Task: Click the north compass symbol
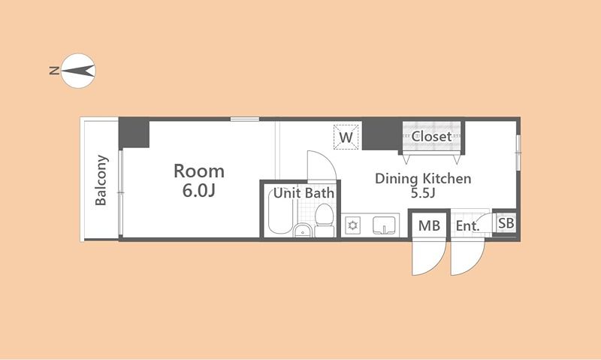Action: tap(78, 71)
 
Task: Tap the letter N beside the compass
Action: tap(54, 71)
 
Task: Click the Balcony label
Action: tap(101, 180)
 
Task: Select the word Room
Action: tap(199, 171)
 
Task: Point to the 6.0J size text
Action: tap(198, 191)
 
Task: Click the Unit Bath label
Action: tap(304, 193)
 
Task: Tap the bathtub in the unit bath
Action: tap(280, 212)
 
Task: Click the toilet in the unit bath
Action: tap(325, 220)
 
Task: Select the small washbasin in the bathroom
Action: tap(303, 231)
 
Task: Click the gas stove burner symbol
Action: tap(352, 225)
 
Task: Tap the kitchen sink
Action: tap(384, 225)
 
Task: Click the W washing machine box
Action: tap(346, 137)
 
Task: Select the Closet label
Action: tap(431, 137)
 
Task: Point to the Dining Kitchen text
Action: tap(423, 179)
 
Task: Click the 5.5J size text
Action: tap(423, 193)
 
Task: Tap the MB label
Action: tap(429, 225)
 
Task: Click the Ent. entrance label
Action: tap(467, 225)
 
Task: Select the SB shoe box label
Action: tap(506, 223)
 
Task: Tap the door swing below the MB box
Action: tap(437, 264)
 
